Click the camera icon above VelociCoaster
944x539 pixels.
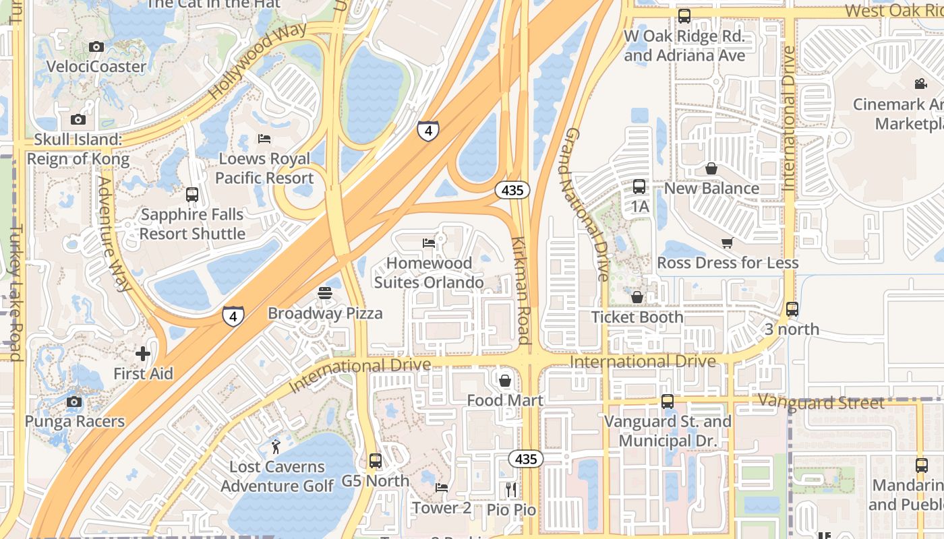pos(96,46)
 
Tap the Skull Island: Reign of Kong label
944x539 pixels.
pos(78,150)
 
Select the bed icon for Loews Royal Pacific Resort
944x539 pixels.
pos(264,139)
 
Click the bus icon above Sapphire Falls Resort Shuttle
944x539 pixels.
pos(192,195)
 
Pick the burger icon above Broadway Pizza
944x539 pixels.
pos(325,293)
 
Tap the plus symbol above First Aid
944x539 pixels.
pos(143,353)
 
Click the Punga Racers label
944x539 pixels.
pos(75,422)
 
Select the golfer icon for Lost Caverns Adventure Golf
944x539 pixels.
pos(276,446)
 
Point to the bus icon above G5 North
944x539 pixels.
pos(376,461)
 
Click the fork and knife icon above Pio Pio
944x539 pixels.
pos(511,489)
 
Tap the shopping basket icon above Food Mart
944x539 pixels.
pos(505,381)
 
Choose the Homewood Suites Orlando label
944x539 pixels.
pos(429,273)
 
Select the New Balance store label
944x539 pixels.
pos(711,188)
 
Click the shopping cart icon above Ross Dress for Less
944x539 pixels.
pos(727,243)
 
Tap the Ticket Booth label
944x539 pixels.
pos(637,317)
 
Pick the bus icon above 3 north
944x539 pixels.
pos(792,309)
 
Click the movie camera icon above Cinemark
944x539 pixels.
pos(920,84)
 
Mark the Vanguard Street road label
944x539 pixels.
pos(821,403)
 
